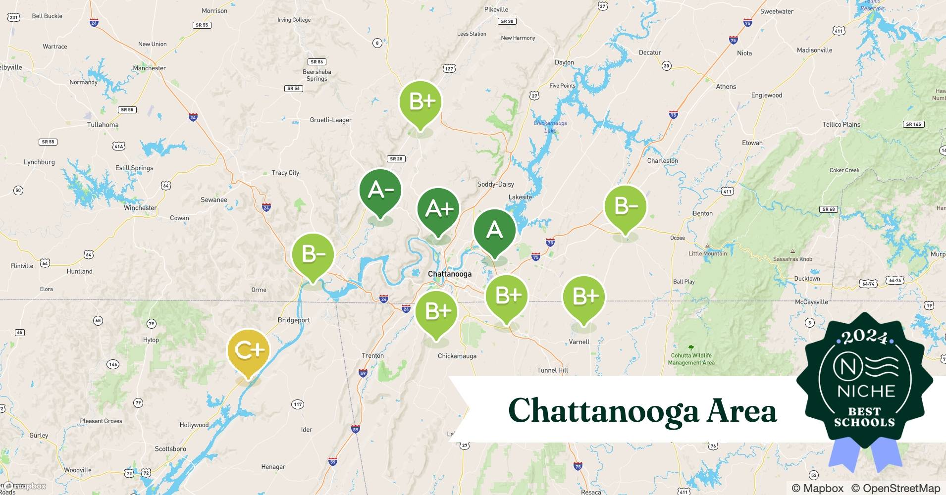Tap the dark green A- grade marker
380,191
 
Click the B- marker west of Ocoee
626,206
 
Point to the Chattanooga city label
450,274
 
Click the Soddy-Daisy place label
495,184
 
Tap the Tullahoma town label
103,125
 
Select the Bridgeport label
294,320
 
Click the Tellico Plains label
841,124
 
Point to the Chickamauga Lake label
550,127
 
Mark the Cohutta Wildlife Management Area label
691,359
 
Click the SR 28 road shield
396,159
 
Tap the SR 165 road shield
913,124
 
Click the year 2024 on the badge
865,337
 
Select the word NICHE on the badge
866,391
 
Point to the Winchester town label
140,208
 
